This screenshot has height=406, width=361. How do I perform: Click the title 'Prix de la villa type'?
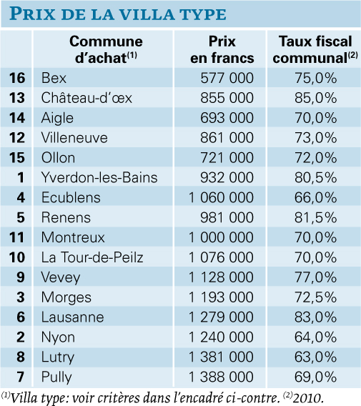pos(118,14)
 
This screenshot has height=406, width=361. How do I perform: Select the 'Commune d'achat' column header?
pos(106,49)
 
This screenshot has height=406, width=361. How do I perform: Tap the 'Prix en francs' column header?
pos(222,49)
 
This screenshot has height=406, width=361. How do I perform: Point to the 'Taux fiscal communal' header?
pos(315,49)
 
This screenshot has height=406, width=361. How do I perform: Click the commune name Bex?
pos(54,78)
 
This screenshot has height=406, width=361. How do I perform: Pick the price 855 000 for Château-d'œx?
pos(227,98)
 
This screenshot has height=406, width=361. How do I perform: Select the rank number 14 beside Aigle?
pos(17,118)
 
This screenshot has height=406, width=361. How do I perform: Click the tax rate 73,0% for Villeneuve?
pos(315,138)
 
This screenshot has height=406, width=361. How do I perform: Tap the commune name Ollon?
pos(59,158)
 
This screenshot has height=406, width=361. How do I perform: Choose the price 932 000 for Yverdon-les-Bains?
pos(227,177)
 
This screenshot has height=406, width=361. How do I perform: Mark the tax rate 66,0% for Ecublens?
pos(315,197)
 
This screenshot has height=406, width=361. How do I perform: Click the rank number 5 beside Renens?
pos(21,217)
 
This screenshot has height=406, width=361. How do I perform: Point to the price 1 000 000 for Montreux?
pos(221,237)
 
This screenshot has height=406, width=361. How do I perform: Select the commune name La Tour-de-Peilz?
pos(92,257)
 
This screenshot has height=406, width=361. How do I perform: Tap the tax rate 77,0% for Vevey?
pos(315,277)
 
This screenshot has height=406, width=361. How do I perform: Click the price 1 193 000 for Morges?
pos(221,297)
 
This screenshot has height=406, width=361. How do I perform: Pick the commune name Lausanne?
pos(72,317)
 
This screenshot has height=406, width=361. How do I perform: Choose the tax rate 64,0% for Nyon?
pos(315,337)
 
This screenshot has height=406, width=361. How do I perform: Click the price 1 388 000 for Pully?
pos(221,377)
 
